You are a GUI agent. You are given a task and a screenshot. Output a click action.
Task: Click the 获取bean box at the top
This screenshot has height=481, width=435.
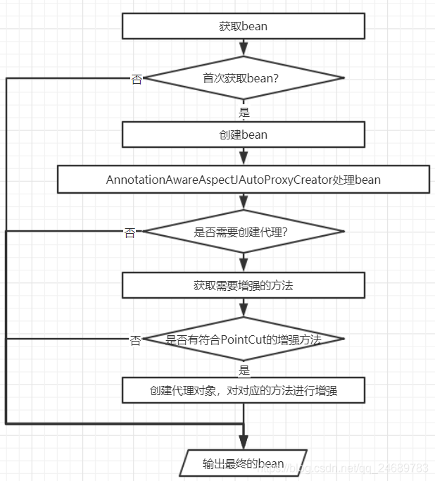pos(244,27)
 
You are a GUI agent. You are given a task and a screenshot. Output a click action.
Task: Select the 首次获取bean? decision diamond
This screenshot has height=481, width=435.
pos(244,77)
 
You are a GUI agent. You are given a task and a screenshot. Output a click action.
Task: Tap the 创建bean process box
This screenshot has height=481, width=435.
pos(244,134)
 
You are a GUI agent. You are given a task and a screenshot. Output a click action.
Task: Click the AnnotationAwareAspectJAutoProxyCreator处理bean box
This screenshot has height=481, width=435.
pos(244,180)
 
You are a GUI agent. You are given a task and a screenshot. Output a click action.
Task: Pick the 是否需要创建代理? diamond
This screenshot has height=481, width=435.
pos(244,231)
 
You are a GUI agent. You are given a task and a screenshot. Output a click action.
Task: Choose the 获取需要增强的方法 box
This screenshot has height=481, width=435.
pos(244,285)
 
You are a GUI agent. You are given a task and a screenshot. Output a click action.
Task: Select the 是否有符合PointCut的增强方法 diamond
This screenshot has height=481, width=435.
pos(244,339)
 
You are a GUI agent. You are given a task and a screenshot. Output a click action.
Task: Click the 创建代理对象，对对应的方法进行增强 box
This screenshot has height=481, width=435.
pos(244,390)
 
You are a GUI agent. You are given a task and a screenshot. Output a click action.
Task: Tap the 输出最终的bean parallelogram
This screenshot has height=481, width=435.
pos(244,463)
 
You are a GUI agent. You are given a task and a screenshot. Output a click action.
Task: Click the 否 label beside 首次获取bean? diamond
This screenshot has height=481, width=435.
pos(137,79)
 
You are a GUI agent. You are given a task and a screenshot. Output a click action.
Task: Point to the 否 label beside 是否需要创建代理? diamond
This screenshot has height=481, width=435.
pos(130,232)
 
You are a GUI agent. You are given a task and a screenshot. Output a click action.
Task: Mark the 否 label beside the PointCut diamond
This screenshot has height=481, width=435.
pos(135,341)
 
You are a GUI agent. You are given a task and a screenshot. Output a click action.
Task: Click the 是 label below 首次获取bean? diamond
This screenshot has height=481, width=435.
pos(244,112)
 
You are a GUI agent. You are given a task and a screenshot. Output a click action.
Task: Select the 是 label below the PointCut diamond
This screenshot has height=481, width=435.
pos(244,370)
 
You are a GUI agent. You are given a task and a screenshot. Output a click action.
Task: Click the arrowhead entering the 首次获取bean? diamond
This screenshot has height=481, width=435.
pos(244,50)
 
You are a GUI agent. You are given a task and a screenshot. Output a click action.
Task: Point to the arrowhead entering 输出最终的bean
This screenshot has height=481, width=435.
pos(244,443)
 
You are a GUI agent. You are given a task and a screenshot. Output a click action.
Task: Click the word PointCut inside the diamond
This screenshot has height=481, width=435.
pos(244,339)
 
